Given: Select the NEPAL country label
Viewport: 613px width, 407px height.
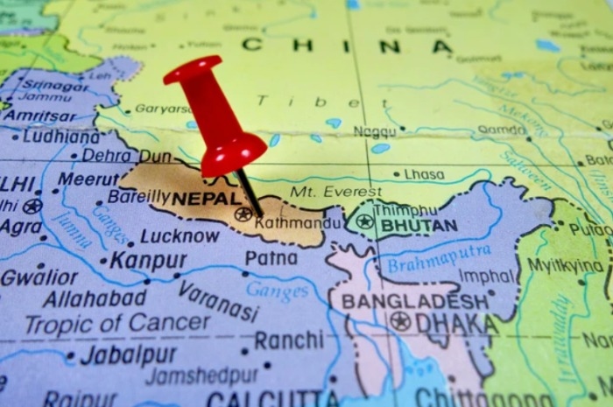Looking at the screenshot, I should [x=206, y=200].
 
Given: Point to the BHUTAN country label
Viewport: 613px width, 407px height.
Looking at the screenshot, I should [x=418, y=225].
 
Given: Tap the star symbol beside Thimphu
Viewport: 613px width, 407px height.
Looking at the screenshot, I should [x=363, y=221].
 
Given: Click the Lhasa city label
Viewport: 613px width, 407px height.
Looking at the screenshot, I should [x=424, y=174].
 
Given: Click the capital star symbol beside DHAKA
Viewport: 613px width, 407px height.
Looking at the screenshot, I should [x=400, y=321].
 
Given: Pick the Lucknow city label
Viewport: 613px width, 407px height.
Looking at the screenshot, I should [x=180, y=236].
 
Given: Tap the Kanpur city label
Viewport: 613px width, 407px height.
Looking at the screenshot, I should [x=148, y=261].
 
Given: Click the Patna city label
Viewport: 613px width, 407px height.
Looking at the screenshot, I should [x=271, y=258].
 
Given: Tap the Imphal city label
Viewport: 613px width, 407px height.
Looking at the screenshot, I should [x=487, y=277].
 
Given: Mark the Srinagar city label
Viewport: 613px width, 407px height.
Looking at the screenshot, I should [x=55, y=85].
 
